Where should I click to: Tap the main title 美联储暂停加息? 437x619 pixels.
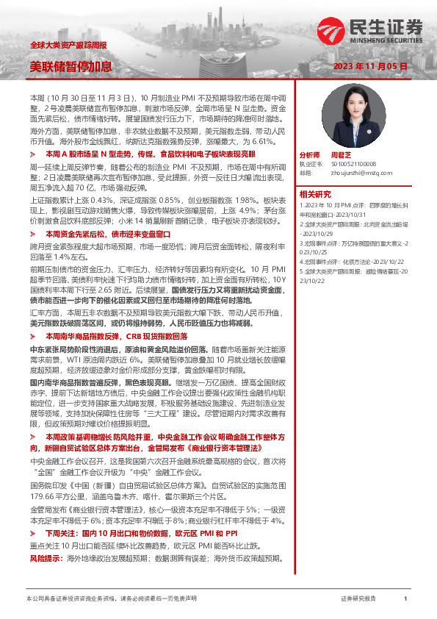pyautogui.click(x=71, y=66)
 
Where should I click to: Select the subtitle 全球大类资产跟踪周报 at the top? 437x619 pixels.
pyautogui.click(x=67, y=46)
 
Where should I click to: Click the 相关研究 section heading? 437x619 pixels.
pyautogui.click(x=315, y=194)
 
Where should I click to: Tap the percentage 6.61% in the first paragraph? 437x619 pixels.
pyautogui.click(x=259, y=140)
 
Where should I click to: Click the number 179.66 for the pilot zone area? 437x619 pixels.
pyautogui.click(x=43, y=475)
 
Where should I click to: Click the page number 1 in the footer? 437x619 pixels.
pyautogui.click(x=405, y=598)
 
